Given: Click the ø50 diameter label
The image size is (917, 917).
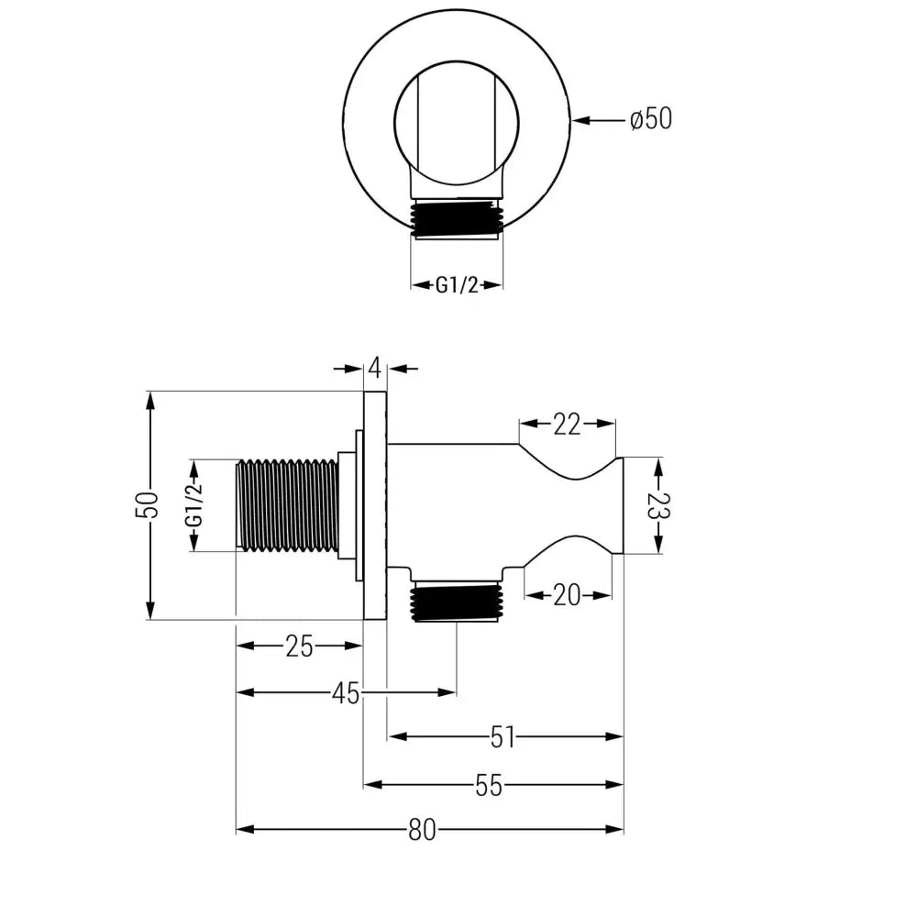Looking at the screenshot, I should tap(650, 119).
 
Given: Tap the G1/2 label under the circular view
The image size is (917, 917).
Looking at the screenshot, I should tap(456, 285).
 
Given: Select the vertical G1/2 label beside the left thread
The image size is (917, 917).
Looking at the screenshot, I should tap(193, 506).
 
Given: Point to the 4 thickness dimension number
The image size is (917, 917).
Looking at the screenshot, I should tap(375, 369).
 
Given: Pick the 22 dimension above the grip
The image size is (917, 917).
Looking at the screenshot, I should tap(567, 424).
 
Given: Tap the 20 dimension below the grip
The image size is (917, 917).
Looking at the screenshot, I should tap(567, 595).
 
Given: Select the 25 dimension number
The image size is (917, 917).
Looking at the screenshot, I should tap(299, 647).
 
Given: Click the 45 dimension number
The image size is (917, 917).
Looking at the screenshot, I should tap(345, 694).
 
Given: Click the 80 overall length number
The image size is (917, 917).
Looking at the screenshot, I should tap(421, 831).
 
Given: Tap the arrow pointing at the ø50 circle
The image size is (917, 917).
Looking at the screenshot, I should tap(596, 119).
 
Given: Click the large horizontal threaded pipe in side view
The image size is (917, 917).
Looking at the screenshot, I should tap(286, 506).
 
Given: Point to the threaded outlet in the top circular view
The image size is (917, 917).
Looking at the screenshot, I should tap(456, 220).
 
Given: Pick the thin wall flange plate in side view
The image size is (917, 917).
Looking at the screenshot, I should tap(376, 506).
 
